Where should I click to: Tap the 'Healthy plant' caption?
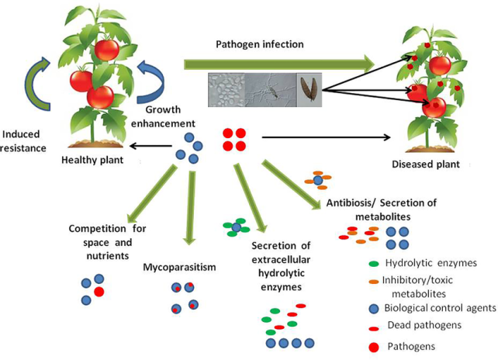[x=92, y=161]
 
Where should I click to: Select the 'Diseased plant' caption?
[x=425, y=164]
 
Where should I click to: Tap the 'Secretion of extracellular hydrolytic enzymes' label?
[x=283, y=266]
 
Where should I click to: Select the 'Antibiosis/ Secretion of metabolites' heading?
[x=386, y=209]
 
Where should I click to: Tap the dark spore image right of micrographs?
[x=308, y=89]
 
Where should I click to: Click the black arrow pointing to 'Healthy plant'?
[x=147, y=144]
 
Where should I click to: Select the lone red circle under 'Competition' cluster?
[x=98, y=292]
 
